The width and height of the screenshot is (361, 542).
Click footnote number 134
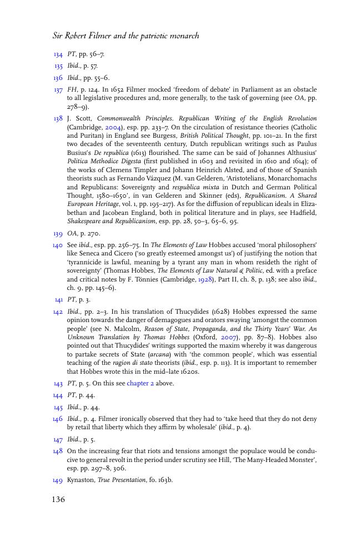[58, 54]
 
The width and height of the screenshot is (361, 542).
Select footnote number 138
[58, 118]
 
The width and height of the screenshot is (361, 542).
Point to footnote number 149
[58, 480]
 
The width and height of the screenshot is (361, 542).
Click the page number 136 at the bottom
[58, 500]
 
